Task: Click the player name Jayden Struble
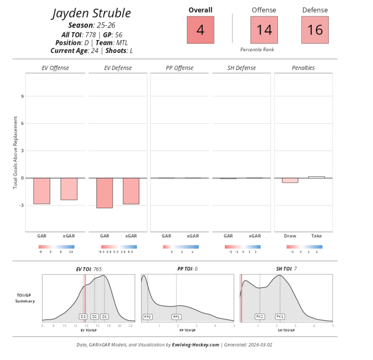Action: coord(91,13)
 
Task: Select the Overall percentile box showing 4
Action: coord(200,30)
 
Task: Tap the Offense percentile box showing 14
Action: coord(264,30)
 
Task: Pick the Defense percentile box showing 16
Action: coord(315,30)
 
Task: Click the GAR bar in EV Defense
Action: coord(104,193)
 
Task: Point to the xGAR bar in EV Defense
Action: coord(131,191)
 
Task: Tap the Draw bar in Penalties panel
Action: coord(290,180)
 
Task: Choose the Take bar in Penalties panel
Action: coord(316,177)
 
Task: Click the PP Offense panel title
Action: coord(180,68)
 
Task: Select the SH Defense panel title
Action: coord(242,68)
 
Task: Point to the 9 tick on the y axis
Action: coord(22,96)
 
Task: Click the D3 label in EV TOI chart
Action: coord(83,316)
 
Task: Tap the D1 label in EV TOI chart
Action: coord(104,316)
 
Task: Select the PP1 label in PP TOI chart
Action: coord(177,316)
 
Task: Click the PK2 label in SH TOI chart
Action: coord(260,316)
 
